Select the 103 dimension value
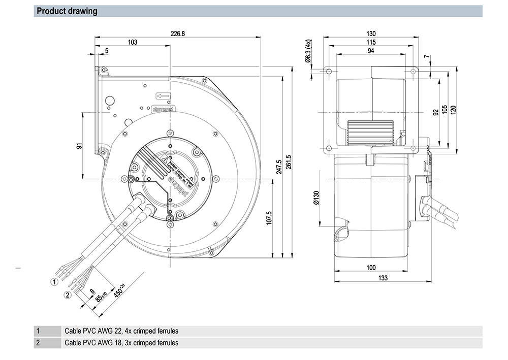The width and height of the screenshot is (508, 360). click(133, 42)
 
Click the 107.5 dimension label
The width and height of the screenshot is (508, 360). click(269, 218)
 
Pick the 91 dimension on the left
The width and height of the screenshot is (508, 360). click(79, 146)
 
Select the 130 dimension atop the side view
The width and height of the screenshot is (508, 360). click(370, 33)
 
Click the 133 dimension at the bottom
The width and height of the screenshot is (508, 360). click(383, 278)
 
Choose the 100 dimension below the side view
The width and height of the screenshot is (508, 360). click(371, 268)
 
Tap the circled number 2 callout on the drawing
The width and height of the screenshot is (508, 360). click(67, 294)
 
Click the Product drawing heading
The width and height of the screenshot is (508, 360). click(67, 11)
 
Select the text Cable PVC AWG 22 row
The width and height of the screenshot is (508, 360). click(121, 331)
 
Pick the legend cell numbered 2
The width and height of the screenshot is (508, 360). click(38, 343)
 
